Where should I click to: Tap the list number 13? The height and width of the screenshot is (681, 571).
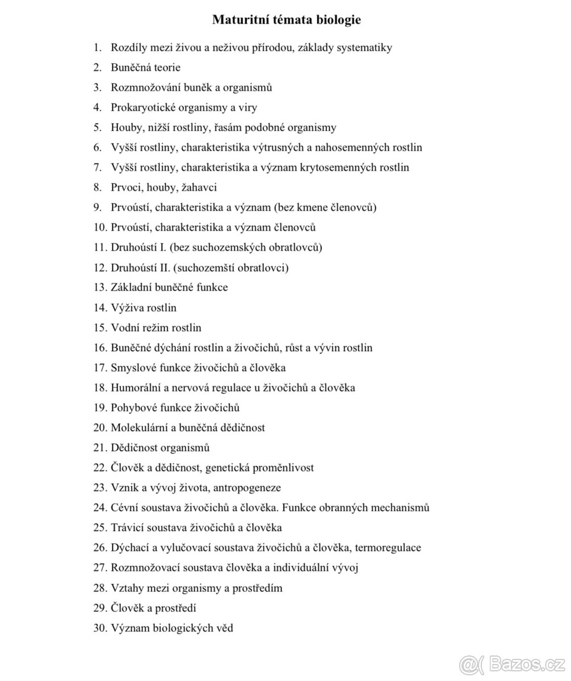(x=100, y=288)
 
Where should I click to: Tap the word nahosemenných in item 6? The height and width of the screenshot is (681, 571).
(x=351, y=148)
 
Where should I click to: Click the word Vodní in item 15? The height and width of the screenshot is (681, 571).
(x=124, y=328)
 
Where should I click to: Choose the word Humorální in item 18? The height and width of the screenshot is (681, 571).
(x=136, y=388)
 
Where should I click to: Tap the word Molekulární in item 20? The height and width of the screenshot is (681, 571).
(x=140, y=428)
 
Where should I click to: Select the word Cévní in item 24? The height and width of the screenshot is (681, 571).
(x=124, y=508)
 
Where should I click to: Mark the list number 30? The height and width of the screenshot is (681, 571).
(x=100, y=628)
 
